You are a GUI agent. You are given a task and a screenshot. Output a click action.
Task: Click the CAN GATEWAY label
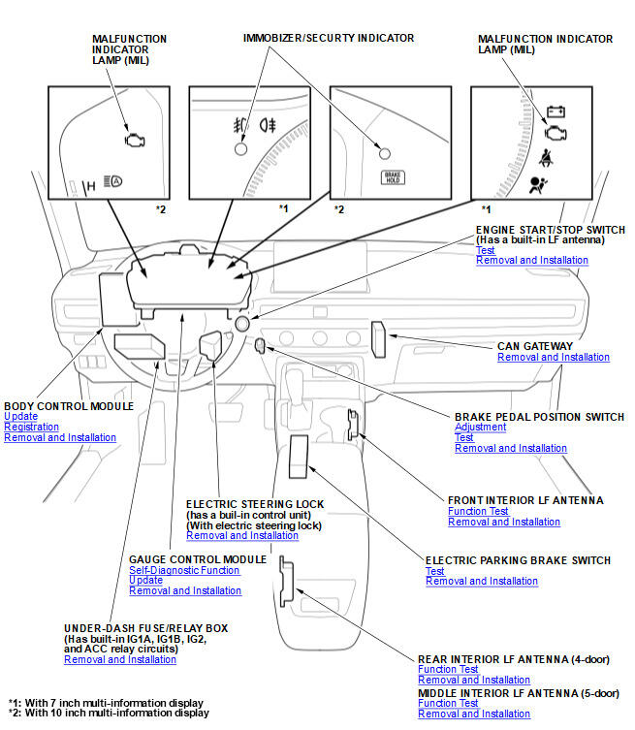tap(534, 346)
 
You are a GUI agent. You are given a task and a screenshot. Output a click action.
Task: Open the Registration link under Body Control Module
tap(31, 427)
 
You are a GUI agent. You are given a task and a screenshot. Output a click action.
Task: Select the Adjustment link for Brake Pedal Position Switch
tap(480, 427)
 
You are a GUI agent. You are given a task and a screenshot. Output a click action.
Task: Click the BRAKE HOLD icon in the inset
tap(392, 177)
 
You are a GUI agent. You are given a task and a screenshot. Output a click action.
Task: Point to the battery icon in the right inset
tap(556, 111)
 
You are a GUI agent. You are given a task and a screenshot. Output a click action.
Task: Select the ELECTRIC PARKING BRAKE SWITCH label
tap(518, 560)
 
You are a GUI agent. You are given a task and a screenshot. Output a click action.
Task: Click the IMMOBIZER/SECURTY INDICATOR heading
tap(329, 39)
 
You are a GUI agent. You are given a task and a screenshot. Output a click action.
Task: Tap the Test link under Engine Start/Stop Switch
tap(485, 250)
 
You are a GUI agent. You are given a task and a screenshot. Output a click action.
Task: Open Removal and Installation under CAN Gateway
tap(554, 357)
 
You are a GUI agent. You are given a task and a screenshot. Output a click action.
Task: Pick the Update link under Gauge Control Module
tap(145, 580)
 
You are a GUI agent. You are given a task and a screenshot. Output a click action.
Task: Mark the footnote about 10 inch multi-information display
tap(109, 713)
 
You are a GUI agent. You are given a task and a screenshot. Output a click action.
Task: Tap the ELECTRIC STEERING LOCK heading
tap(255, 504)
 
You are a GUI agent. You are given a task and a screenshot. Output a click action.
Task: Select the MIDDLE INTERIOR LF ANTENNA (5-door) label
tap(518, 693)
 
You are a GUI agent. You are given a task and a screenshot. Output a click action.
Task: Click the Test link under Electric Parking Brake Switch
tap(434, 571)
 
